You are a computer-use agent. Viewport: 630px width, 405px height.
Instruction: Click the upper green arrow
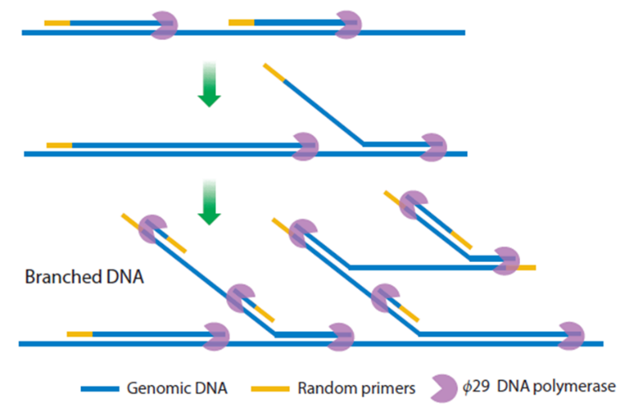(209, 84)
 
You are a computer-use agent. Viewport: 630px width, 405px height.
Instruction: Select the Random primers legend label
(356, 387)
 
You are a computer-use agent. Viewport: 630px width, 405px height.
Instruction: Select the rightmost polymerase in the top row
(348, 25)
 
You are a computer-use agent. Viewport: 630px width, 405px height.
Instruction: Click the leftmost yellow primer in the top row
(57, 22)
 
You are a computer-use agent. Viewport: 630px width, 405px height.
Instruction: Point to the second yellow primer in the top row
(242, 22)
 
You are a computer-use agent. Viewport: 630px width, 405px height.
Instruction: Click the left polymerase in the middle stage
(305, 146)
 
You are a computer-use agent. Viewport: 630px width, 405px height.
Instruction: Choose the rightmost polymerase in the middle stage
(433, 147)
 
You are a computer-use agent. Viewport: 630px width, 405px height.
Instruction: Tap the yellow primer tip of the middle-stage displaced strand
(274, 72)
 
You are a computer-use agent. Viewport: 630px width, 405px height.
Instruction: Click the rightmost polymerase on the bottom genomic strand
(571, 335)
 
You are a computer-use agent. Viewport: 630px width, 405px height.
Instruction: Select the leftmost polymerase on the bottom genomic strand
(216, 336)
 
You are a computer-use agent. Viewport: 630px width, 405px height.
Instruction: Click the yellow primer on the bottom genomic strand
(79, 333)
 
